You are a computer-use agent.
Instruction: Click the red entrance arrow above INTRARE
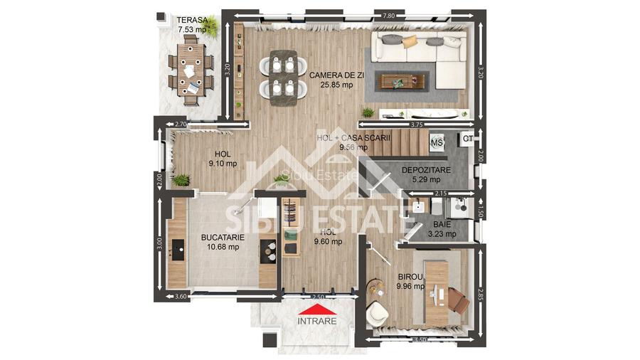pyautogui.click(x=317, y=309)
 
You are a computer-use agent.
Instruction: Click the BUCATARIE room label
pyautogui.click(x=223, y=237)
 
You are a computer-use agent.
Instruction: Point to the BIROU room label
pyautogui.click(x=410, y=277)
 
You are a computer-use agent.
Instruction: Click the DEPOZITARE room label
pyautogui.click(x=426, y=170)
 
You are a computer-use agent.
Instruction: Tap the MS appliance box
pyautogui.click(x=437, y=143)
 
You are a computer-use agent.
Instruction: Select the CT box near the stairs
pyautogui.click(x=467, y=139)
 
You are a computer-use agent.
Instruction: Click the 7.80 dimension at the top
pyautogui.click(x=388, y=15)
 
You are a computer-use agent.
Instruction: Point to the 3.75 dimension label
pyautogui.click(x=417, y=125)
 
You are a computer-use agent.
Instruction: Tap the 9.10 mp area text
pyautogui.click(x=223, y=163)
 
